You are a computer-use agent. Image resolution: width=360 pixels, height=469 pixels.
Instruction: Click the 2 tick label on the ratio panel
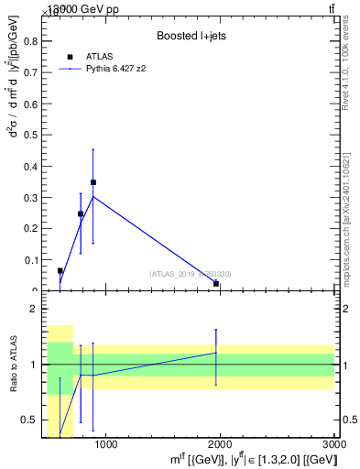pyautogui.click(x=34, y=310)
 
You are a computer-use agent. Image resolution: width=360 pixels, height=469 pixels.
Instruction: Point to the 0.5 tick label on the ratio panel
pyautogui.click(x=30, y=420)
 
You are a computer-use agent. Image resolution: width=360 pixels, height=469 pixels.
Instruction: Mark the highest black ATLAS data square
pyautogui.click(x=93, y=182)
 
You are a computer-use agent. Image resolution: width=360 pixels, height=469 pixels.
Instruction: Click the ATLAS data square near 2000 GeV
pyautogui.click(x=216, y=283)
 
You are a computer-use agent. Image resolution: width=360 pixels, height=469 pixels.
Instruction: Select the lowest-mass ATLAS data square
pyautogui.click(x=60, y=271)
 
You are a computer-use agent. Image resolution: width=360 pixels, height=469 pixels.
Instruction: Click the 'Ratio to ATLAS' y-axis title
pyautogui.click(x=12, y=365)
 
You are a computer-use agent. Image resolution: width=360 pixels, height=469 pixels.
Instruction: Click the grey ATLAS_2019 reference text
pyautogui.click(x=191, y=273)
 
